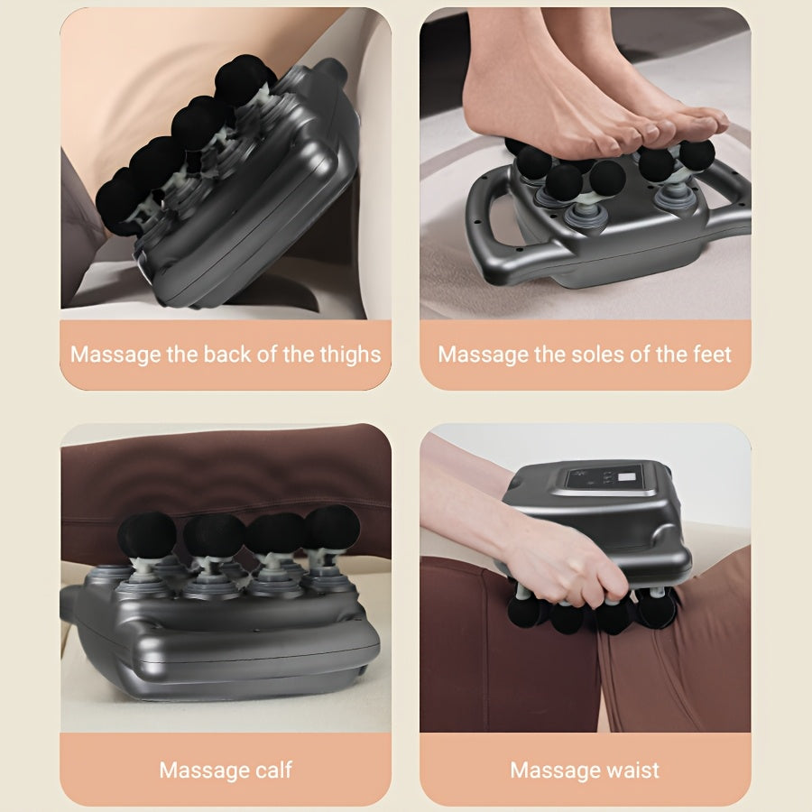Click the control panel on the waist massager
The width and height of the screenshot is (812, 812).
[x=604, y=479]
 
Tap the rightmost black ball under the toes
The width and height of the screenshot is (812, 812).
[x=697, y=155]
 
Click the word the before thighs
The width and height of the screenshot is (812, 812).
[x=298, y=354]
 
